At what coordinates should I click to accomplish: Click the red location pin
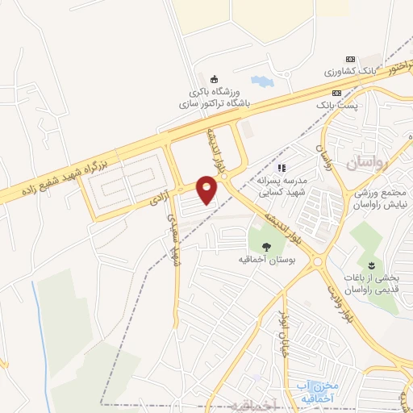pos(208,190)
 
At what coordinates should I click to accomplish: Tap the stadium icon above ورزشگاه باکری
pos(214,79)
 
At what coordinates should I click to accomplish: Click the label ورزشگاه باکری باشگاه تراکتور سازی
pos(214,98)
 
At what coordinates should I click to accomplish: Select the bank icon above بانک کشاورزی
pos(349,60)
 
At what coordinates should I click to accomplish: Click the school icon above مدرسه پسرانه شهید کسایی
pos(282,168)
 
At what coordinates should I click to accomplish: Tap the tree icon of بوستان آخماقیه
pos(267,245)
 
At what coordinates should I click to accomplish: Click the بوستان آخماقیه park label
pos(265,260)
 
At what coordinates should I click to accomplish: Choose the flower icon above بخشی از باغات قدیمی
pos(371,265)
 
